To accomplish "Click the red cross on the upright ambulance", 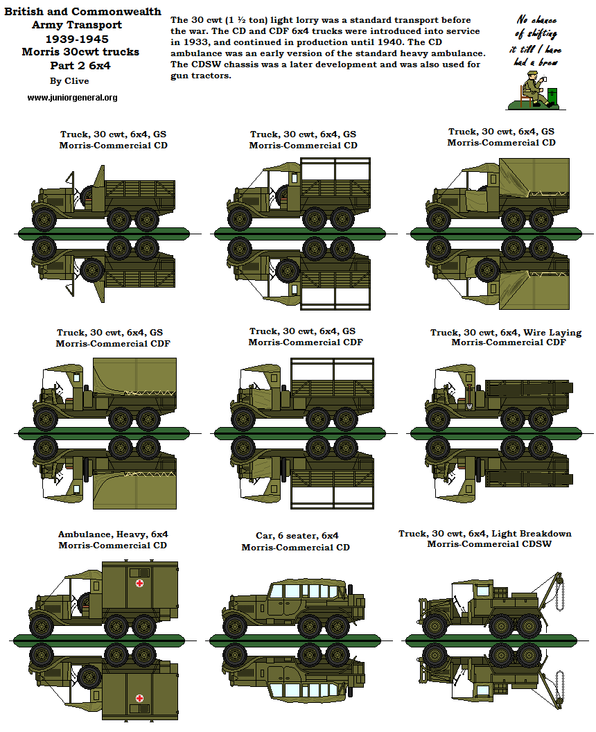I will click(139, 584).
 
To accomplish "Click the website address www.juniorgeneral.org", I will click(72, 98).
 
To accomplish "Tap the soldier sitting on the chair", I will click(531, 89).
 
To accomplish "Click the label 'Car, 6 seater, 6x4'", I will click(295, 536).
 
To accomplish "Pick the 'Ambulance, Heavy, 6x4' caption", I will click(113, 534).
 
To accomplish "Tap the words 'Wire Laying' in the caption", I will click(552, 333).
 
